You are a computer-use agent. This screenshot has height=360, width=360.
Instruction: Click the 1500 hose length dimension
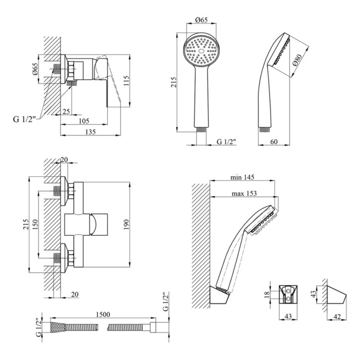(103, 314)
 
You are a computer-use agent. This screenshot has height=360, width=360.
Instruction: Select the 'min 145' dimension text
(242, 177)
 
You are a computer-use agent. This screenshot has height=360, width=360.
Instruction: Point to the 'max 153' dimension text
(244, 193)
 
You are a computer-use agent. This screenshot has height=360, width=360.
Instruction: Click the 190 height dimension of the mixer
(126, 225)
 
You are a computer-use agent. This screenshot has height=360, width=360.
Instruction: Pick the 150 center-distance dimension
(35, 225)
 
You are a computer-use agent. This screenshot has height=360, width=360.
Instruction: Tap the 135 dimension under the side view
(90, 132)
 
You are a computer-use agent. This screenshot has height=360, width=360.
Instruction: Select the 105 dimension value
(84, 121)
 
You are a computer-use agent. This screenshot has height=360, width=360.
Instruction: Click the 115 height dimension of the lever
(126, 81)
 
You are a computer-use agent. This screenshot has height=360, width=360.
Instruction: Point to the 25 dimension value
(66, 112)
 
